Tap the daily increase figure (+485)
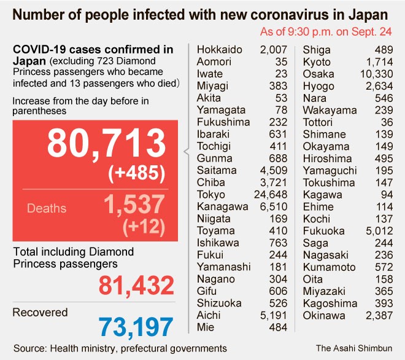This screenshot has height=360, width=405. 136,174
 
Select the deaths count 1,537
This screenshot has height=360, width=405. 134,205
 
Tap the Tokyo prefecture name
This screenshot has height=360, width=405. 210,195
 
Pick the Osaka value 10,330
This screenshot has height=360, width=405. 376,74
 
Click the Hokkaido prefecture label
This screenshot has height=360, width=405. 220,50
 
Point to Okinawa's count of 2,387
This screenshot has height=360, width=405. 379,316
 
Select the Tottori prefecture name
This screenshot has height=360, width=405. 319,122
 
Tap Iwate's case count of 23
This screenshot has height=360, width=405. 281,74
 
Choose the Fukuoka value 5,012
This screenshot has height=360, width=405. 379,231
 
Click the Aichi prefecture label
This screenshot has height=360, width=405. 209,315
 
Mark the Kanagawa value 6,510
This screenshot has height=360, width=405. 272,207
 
